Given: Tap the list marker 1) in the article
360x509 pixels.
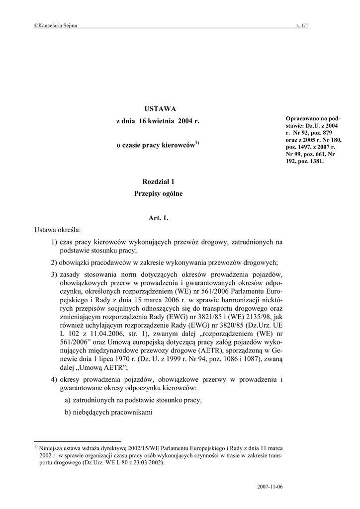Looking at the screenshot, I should click(x=54, y=242).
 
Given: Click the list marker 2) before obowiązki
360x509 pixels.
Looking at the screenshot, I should click(x=54, y=262).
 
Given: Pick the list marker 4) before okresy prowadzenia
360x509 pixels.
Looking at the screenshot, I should click(x=54, y=380).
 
